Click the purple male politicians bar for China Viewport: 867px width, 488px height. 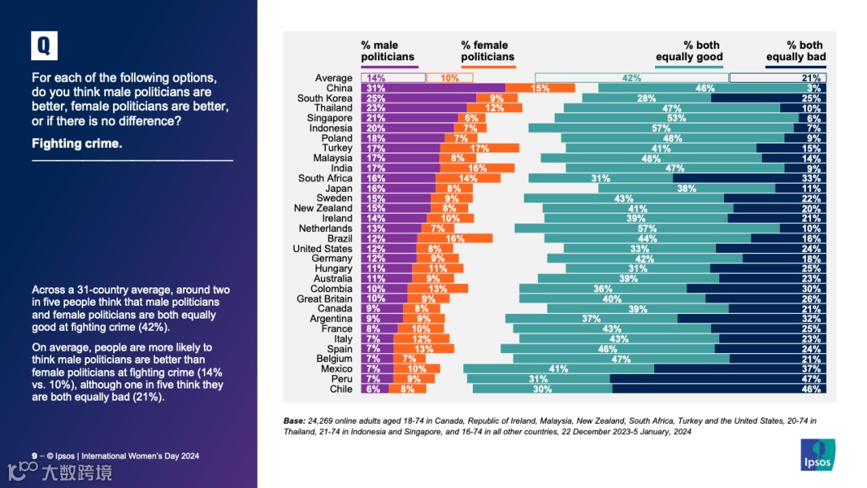(x=433, y=87)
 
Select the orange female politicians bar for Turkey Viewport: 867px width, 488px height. (x=479, y=148)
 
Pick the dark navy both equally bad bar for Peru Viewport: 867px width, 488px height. (x=718, y=379)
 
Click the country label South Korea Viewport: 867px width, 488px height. (x=324, y=98)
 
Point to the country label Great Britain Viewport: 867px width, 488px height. (x=324, y=299)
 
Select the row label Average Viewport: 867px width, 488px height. (x=333, y=78)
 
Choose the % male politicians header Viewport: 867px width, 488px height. (x=388, y=51)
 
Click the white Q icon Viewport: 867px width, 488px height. (x=44, y=47)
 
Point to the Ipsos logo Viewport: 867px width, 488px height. (x=818, y=454)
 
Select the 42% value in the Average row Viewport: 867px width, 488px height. (x=632, y=78)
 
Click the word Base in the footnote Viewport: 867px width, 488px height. (x=295, y=421)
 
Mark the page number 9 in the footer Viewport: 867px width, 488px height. (x=34, y=457)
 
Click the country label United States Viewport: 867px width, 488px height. (x=322, y=249)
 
